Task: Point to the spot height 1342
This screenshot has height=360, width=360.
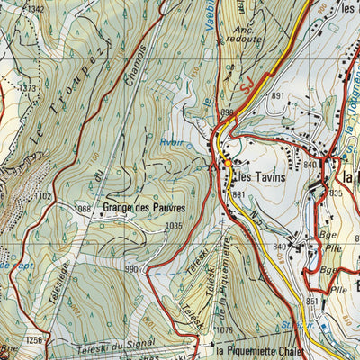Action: click(34, 9)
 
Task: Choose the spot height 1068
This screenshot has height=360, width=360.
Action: click(84, 209)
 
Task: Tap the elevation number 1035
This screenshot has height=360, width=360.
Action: click(174, 226)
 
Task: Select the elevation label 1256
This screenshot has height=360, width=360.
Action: click(34, 339)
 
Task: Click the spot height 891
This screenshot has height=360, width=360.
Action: click(278, 96)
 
